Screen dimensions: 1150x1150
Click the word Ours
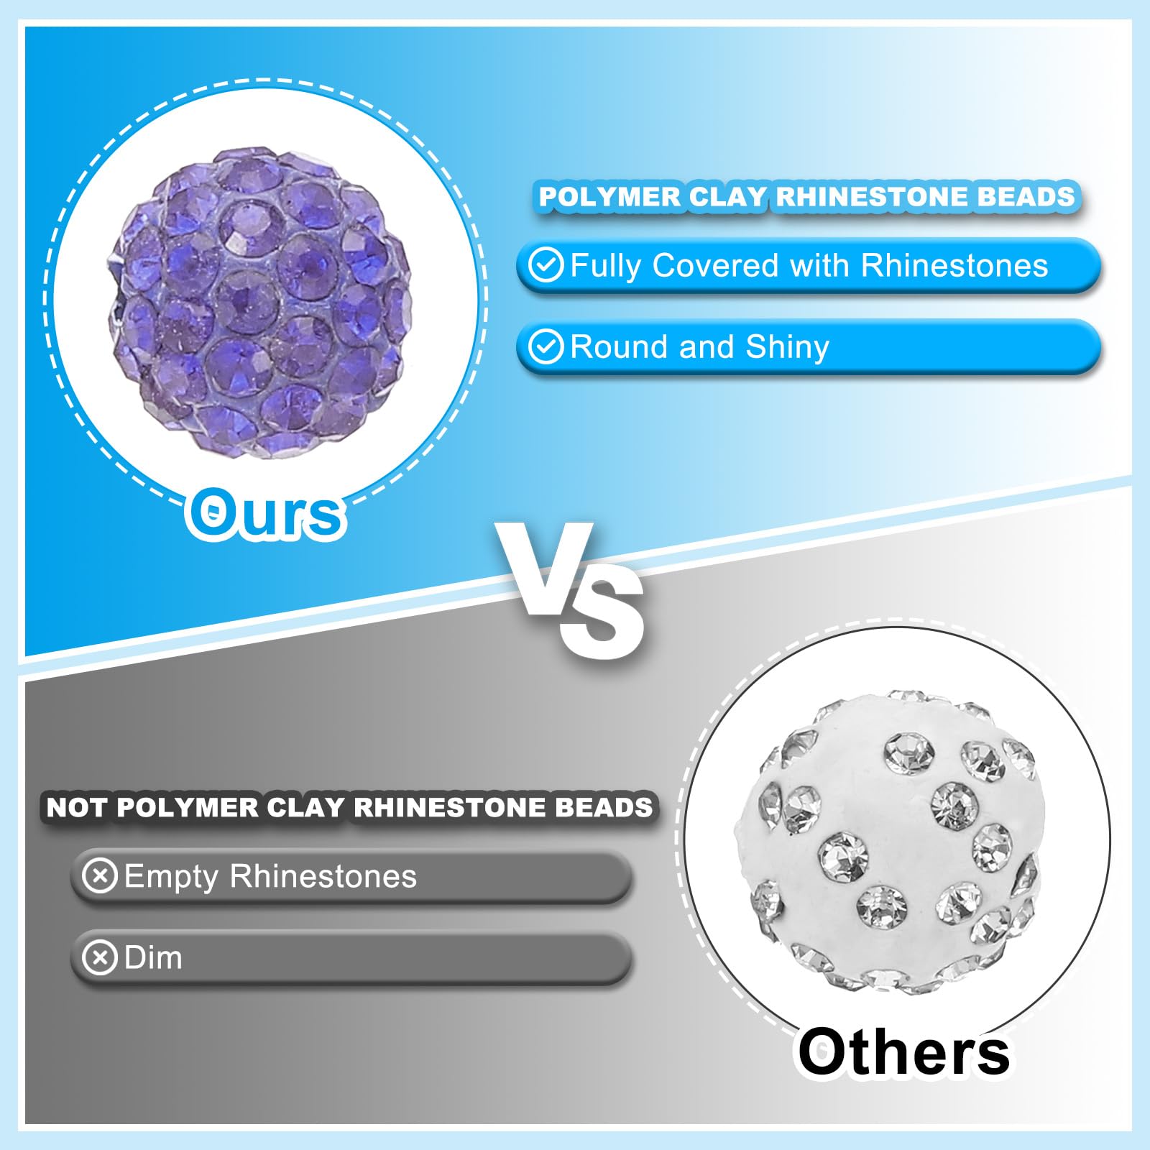[266, 513]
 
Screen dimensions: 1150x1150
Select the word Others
[904, 1052]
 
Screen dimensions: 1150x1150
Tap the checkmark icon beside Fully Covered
[546, 265]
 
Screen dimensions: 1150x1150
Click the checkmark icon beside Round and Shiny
[546, 347]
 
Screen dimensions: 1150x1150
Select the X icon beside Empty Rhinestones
[100, 876]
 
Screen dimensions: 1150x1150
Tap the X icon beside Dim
[100, 957]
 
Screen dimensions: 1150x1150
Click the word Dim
[153, 957]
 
